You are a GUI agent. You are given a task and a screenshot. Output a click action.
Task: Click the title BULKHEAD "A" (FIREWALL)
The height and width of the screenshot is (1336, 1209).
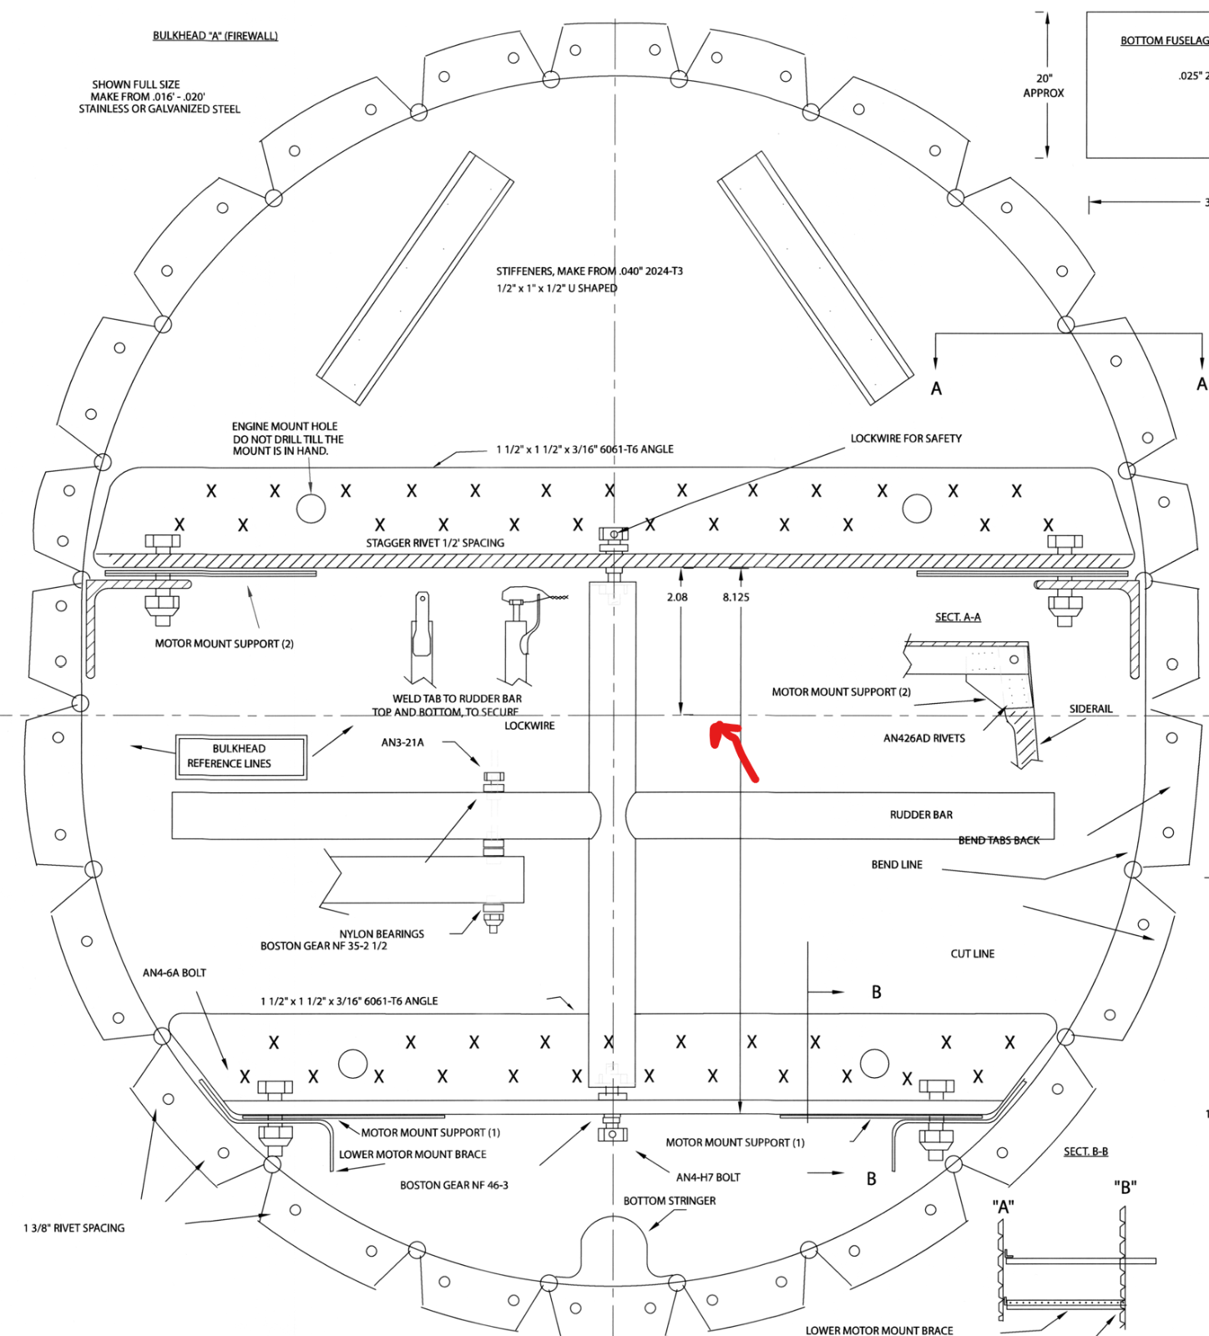pyautogui.click(x=215, y=36)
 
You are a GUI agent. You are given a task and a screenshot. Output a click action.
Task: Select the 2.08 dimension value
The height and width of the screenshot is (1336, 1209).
pyautogui.click(x=677, y=597)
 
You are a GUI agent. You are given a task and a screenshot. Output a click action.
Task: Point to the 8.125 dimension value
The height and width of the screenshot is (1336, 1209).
pyautogui.click(x=736, y=597)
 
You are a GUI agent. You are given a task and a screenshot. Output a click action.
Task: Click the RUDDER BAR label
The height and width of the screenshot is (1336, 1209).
pyautogui.click(x=921, y=815)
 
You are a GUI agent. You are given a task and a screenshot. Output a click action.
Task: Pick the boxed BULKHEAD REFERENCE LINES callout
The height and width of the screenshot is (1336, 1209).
pyautogui.click(x=240, y=757)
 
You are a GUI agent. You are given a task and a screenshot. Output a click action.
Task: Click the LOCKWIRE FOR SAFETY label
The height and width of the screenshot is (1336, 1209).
pyautogui.click(x=906, y=438)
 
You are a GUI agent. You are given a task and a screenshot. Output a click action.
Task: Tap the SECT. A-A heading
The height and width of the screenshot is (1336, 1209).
pyautogui.click(x=958, y=617)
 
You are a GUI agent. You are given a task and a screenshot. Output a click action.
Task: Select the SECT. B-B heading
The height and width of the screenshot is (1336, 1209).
pyautogui.click(x=1085, y=1151)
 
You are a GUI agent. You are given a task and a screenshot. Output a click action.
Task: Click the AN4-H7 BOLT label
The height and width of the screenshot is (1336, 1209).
pyautogui.click(x=708, y=1177)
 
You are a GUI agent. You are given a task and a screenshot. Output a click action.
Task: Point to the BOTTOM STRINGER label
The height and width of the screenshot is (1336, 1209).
pyautogui.click(x=670, y=1201)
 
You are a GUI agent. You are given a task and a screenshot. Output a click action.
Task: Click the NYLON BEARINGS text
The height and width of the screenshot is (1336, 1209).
pyautogui.click(x=382, y=934)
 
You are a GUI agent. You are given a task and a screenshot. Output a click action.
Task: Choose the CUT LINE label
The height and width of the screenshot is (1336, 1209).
pyautogui.click(x=973, y=954)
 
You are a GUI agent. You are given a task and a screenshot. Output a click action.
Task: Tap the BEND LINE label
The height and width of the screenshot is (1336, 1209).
pyautogui.click(x=897, y=865)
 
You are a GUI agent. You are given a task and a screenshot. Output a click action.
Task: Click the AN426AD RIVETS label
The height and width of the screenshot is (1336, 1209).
pyautogui.click(x=924, y=738)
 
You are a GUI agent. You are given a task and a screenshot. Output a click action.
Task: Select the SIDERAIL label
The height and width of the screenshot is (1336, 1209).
pyautogui.click(x=1090, y=709)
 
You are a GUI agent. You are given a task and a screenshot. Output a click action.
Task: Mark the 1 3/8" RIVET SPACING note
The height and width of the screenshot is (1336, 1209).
pyautogui.click(x=74, y=1228)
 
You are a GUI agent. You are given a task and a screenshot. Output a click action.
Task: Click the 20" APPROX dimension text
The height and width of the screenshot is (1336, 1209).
pyautogui.click(x=1044, y=86)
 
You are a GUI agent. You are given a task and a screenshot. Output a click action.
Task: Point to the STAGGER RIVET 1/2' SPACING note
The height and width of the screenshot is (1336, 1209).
pyautogui.click(x=435, y=543)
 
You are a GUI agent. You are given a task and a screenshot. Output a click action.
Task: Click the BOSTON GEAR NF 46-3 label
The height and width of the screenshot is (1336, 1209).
pyautogui.click(x=454, y=1185)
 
